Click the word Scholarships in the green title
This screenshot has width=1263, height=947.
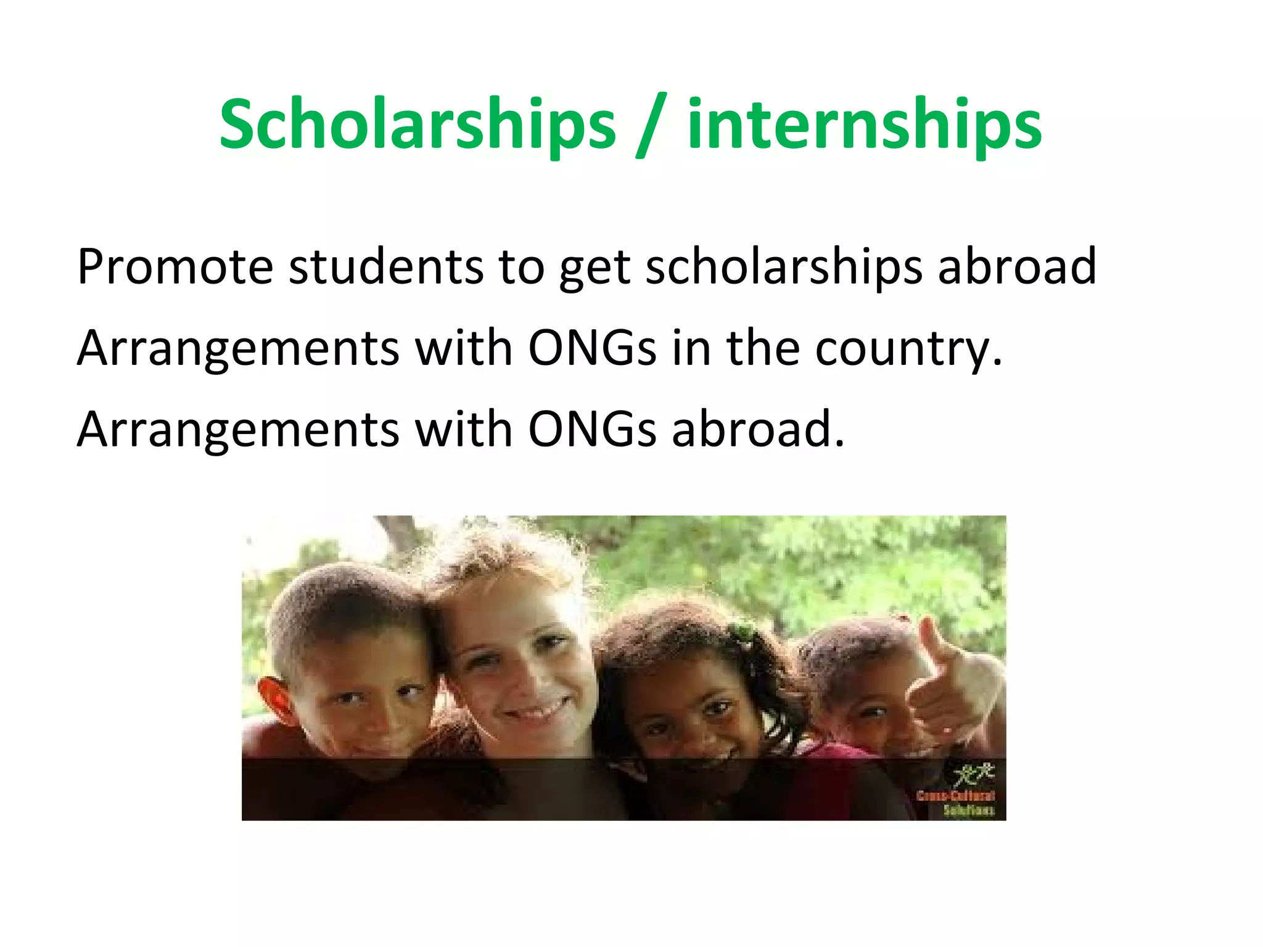418,125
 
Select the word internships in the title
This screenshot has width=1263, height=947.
865,125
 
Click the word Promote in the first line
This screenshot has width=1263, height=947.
175,267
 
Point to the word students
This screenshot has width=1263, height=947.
386,267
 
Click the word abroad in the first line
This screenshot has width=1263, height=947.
1017,267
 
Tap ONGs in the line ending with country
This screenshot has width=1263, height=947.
592,348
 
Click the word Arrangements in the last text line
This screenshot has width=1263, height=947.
238,430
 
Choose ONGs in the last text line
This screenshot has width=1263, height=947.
592,430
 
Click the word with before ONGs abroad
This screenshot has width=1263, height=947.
464,430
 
